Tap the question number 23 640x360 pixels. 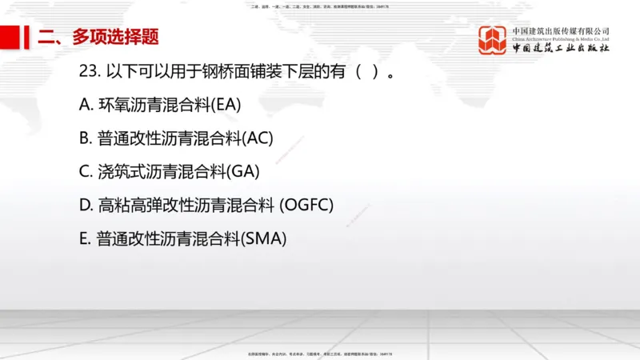[89, 71]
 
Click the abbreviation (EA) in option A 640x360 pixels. [225, 104]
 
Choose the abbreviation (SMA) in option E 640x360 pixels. [263, 238]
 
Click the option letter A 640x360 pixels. [85, 104]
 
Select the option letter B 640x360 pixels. [85, 138]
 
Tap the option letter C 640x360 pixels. [85, 171]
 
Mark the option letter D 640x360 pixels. [86, 205]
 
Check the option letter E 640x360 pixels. [84, 238]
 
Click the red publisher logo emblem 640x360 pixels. [493, 40]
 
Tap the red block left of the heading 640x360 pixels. [11, 36]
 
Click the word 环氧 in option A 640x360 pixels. [112, 104]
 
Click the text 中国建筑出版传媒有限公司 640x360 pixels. [561, 30]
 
